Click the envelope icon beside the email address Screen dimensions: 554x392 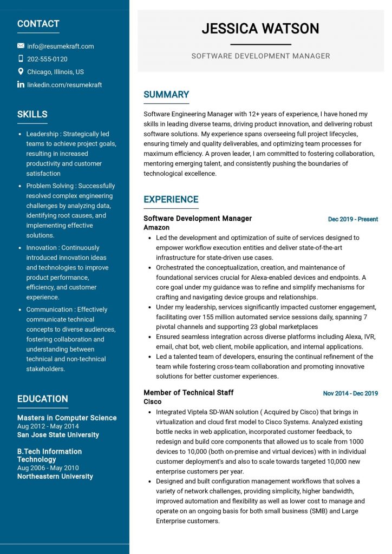[x=21, y=46]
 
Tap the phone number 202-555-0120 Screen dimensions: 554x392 [x=47, y=59]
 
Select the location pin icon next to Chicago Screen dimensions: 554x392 [x=21, y=71]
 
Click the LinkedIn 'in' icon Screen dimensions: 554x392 [x=21, y=84]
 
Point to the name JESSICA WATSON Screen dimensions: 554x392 [x=260, y=29]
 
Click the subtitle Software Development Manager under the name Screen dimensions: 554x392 [x=260, y=56]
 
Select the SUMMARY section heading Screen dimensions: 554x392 [x=166, y=95]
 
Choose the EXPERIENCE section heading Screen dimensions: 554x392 [x=171, y=200]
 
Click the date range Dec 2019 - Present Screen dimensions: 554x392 [x=353, y=219]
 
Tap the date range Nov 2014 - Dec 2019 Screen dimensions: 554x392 [x=350, y=393]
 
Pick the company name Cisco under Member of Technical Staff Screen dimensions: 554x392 [x=152, y=402]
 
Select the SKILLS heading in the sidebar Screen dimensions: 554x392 [x=32, y=114]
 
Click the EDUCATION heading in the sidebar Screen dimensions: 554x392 [x=42, y=399]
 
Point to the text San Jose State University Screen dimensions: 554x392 [x=58, y=434]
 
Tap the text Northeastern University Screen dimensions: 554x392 [x=55, y=477]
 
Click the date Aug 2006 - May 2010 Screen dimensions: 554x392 [x=48, y=468]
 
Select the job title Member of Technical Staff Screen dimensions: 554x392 [x=188, y=393]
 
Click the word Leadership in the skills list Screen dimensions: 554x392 [x=42, y=134]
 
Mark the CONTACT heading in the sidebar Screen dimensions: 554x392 [x=38, y=24]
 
